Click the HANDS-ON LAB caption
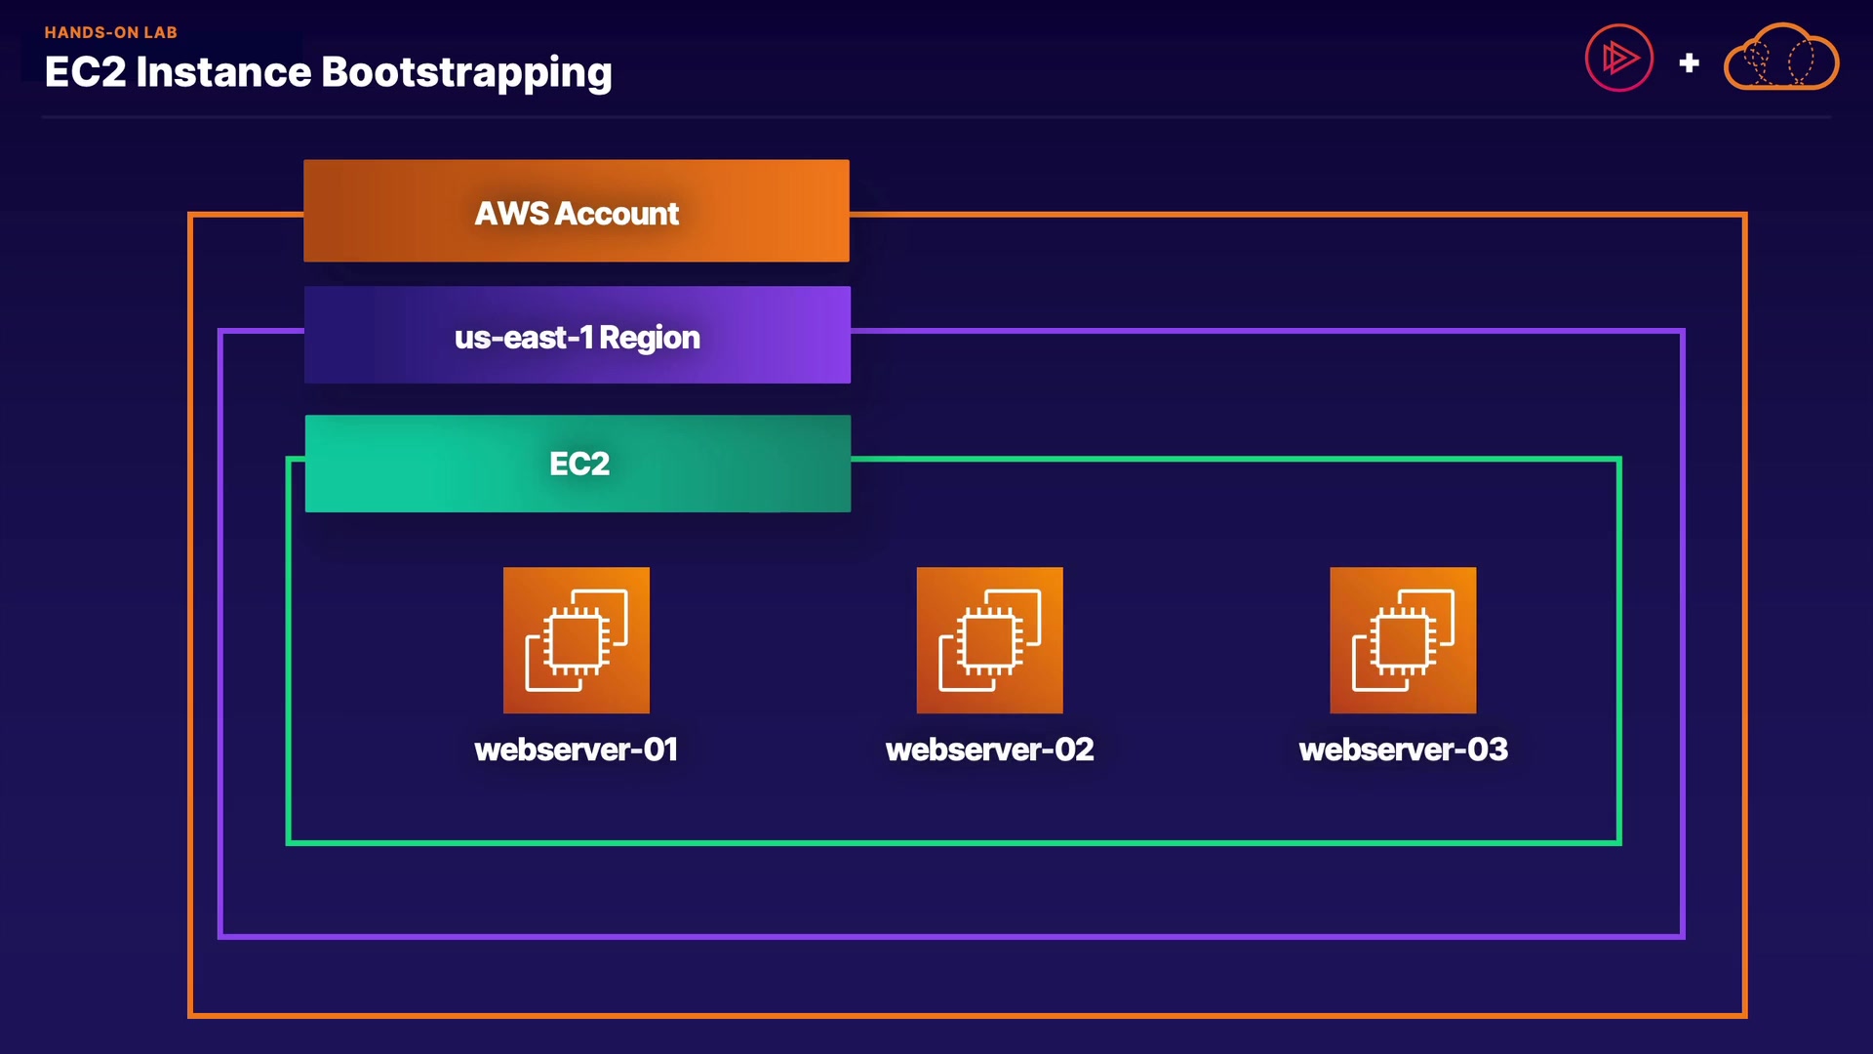pos(110,32)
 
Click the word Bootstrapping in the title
pos(466,73)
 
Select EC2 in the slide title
pos(85,72)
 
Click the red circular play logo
pos(1618,58)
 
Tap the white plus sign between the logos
pos(1689,63)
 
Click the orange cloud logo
pos(1781,59)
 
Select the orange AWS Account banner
pos(576,211)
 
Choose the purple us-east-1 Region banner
pos(577,335)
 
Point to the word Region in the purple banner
pos(650,338)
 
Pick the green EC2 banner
pos(578,464)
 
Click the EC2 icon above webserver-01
pos(576,640)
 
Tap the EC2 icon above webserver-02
pos(989,640)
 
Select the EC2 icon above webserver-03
pos(1403,640)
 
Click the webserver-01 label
pos(576,750)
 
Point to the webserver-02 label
pos(989,750)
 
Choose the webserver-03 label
pos(1403,750)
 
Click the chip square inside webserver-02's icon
pos(988,642)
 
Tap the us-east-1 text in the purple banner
pos(524,338)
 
